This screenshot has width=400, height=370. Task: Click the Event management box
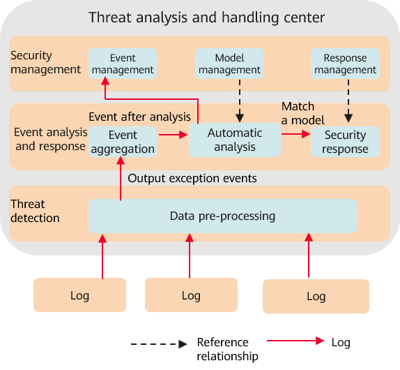pos(123,64)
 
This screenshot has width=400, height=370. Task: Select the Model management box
pos(229,64)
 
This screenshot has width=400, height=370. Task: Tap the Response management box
pos(345,64)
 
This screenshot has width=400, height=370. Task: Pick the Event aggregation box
pos(123,142)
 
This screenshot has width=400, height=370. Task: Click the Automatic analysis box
pos(235,140)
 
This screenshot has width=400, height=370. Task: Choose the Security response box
pos(345,142)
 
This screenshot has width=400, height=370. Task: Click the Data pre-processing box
pos(222,216)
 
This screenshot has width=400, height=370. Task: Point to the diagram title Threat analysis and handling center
pos(207,17)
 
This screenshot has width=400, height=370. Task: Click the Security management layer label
pos(45,62)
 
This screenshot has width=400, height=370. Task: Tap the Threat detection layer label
pos(35,211)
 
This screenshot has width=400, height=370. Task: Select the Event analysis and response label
pos(50,139)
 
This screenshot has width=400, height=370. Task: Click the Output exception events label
pos(192,178)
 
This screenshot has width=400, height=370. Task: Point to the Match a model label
pos(303,113)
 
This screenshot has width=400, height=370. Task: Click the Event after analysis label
pos(139,117)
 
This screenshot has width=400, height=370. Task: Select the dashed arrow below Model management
pos(240,101)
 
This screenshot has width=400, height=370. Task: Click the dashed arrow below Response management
pos(348,101)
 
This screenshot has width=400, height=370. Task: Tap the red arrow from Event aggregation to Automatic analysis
pos(174,135)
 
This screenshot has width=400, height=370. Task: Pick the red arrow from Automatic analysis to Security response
pos(296,134)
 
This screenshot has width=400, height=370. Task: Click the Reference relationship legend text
pos(227,349)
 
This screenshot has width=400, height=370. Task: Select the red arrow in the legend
pos(295,341)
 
